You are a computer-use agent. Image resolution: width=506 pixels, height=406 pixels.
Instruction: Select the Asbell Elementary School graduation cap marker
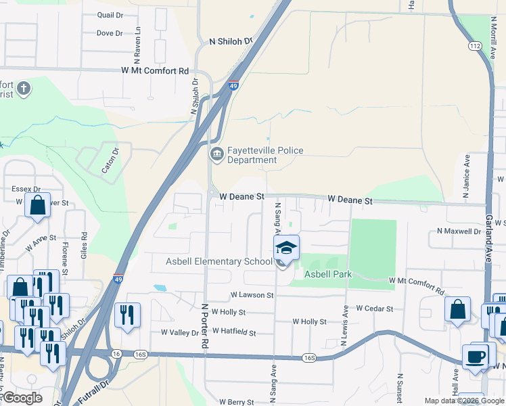point(287,248)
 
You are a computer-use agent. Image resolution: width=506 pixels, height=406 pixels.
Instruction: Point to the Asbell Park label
point(328,274)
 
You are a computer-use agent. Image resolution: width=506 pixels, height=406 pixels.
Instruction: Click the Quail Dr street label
point(110,14)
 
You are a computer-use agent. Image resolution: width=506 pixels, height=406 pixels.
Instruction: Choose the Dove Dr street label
point(109,33)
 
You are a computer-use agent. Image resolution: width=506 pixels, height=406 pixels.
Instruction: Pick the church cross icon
point(23,88)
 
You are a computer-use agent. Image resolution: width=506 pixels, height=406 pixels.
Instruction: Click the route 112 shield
point(474,45)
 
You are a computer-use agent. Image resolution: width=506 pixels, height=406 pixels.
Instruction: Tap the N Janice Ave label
point(466,176)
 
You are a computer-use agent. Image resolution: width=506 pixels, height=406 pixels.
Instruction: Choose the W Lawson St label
point(252,295)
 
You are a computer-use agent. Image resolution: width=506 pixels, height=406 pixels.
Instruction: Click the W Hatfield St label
point(234,332)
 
